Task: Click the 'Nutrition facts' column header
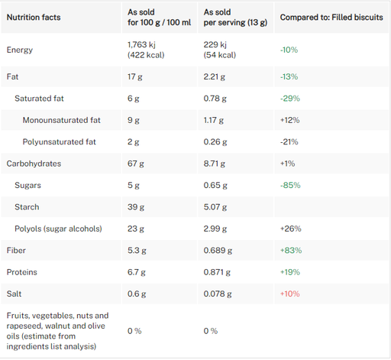click(x=34, y=18)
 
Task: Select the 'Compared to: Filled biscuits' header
click(x=331, y=18)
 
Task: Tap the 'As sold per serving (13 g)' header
click(x=235, y=18)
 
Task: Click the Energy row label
click(x=20, y=50)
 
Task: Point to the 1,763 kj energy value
click(x=141, y=44)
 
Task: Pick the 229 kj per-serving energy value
click(x=215, y=44)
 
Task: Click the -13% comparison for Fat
click(x=289, y=76)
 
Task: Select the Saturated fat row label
click(x=39, y=99)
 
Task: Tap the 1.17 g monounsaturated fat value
click(x=214, y=120)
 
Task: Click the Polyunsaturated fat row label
click(x=60, y=142)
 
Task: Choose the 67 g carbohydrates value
click(x=136, y=164)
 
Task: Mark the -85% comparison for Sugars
click(x=290, y=185)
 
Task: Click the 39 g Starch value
click(x=136, y=207)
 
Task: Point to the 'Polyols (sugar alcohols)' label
click(x=58, y=229)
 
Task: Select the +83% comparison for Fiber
click(x=291, y=251)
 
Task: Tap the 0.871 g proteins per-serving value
click(x=217, y=272)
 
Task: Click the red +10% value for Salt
click(x=290, y=294)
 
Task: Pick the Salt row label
click(x=14, y=294)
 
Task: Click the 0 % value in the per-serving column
click(x=211, y=331)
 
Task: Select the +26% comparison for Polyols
click(x=291, y=229)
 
